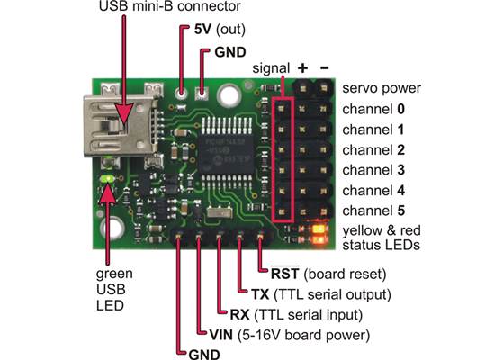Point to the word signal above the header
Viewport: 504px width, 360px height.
point(269,67)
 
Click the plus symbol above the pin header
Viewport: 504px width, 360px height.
point(301,67)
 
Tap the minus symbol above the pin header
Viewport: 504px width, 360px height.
point(322,67)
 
